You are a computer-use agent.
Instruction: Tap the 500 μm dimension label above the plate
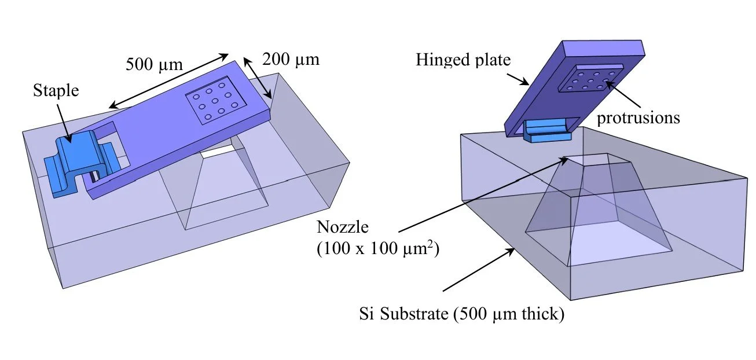(x=154, y=64)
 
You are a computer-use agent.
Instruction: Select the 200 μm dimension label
(x=290, y=59)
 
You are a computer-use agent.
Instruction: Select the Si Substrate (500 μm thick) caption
(x=460, y=316)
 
